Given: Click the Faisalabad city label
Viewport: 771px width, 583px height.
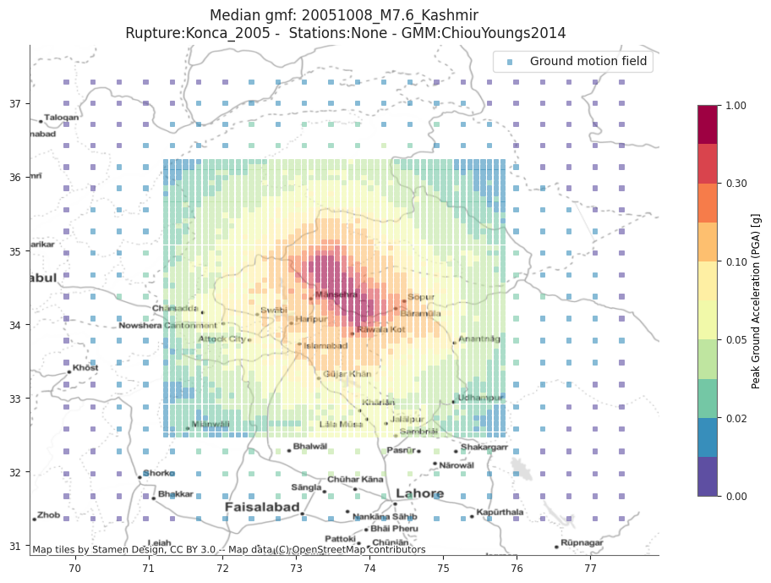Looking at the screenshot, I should pyautogui.click(x=262, y=507).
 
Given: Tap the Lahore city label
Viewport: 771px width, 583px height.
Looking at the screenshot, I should pyautogui.click(x=420, y=494).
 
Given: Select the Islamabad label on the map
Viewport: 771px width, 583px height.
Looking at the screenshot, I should pyautogui.click(x=326, y=346).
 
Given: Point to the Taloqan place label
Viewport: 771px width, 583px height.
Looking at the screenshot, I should pyautogui.click(x=62, y=118).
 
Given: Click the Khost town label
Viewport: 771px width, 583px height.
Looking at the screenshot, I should pyautogui.click(x=85, y=368).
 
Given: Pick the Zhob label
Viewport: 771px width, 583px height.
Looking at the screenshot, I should pyautogui.click(x=49, y=514).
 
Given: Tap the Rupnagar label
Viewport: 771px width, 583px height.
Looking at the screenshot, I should pyautogui.click(x=582, y=544).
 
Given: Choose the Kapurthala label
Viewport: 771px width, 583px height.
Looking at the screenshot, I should pyautogui.click(x=500, y=512).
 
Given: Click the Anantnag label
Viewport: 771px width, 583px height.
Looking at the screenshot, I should pyautogui.click(x=479, y=339).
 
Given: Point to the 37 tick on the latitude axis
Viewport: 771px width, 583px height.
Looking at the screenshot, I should pyautogui.click(x=15, y=104).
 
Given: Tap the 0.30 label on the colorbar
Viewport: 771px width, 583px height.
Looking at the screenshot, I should pyautogui.click(x=737, y=184).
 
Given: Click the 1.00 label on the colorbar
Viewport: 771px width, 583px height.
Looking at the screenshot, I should pyautogui.click(x=737, y=106).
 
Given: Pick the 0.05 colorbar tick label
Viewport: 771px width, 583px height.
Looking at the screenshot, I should pyautogui.click(x=737, y=340).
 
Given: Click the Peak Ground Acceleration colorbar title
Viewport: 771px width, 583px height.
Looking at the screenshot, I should pyautogui.click(x=756, y=300).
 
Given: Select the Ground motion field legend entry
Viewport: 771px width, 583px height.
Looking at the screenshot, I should pyautogui.click(x=588, y=62).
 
